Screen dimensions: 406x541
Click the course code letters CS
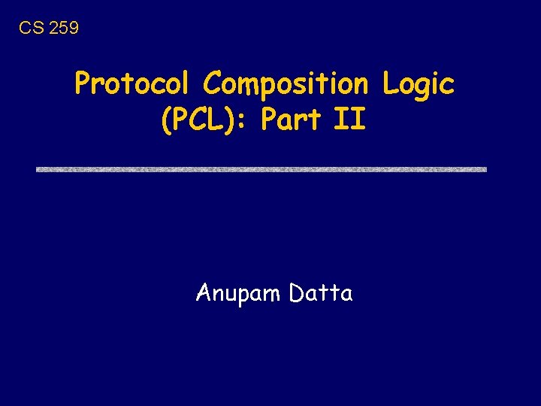click(x=30, y=29)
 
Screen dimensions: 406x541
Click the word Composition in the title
click(x=286, y=84)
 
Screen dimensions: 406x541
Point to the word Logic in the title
click(x=418, y=84)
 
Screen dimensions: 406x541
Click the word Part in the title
click(x=292, y=120)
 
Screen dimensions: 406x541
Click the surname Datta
click(x=320, y=292)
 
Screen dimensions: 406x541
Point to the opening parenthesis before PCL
click(x=167, y=120)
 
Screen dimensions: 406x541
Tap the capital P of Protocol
click(x=83, y=84)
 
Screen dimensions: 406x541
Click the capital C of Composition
click(x=213, y=83)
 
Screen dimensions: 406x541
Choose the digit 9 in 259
click(x=73, y=29)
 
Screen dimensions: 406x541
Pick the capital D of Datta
click(x=295, y=292)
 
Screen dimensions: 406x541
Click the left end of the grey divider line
click(x=39, y=169)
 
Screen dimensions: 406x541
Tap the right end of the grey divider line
click(x=485, y=169)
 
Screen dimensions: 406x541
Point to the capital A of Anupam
click(x=203, y=292)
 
